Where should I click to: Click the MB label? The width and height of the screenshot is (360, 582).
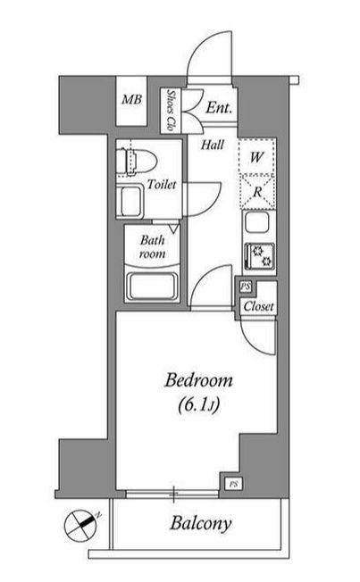click(x=131, y=99)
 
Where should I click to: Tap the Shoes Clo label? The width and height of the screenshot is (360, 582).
click(x=171, y=110)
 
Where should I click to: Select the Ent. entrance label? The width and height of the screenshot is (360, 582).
click(x=219, y=108)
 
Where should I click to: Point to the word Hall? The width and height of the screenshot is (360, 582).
click(x=213, y=145)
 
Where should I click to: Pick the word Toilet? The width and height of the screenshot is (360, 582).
click(x=161, y=185)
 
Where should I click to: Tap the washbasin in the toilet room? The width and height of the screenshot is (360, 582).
click(x=130, y=201)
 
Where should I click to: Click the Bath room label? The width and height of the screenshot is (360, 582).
click(x=153, y=246)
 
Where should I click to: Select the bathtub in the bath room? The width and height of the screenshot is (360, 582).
click(x=152, y=287)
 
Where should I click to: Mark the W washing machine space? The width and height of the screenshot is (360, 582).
click(x=256, y=157)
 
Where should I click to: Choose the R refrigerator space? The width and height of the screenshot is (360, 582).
click(x=257, y=192)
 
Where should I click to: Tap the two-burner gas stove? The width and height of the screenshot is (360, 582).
click(x=259, y=256)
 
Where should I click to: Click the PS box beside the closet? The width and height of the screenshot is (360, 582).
click(x=245, y=287)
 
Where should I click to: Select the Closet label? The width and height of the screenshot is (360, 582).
click(x=258, y=306)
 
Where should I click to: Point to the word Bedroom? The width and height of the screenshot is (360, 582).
click(x=199, y=381)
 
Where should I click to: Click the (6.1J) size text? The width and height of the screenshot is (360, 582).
click(x=199, y=404)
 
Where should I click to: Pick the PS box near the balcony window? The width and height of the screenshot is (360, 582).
click(x=233, y=484)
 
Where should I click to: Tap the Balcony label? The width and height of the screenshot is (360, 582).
click(x=201, y=523)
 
